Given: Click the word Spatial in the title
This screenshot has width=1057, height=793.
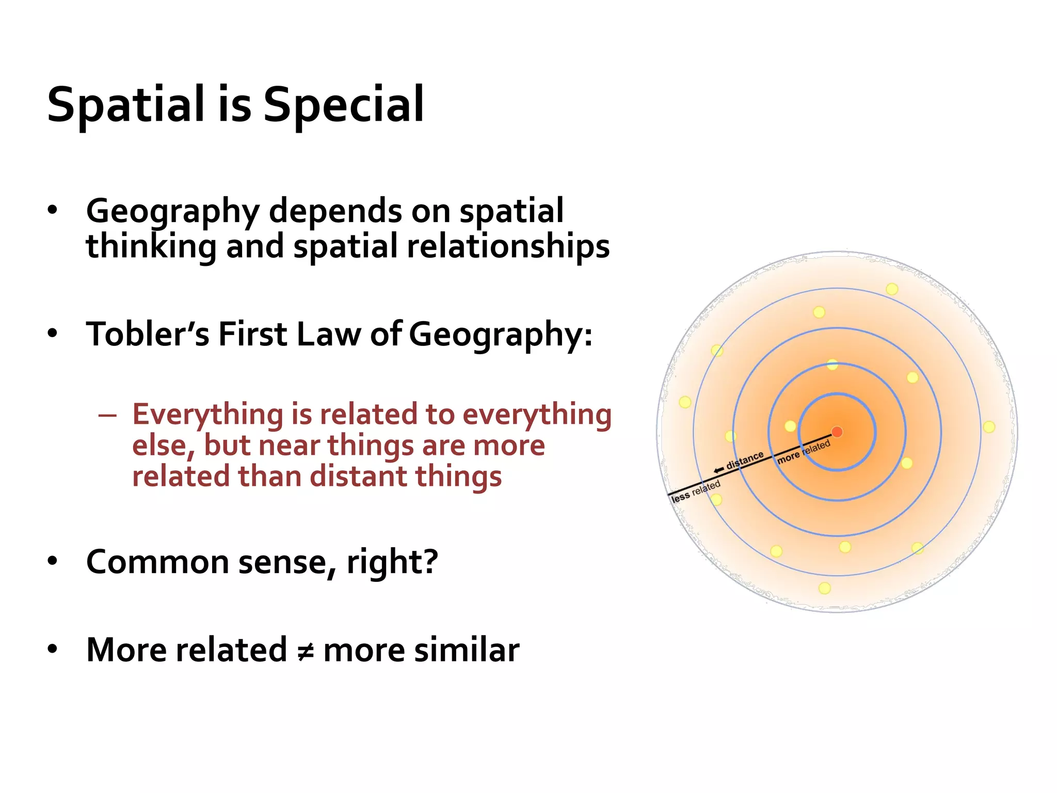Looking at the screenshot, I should click(126, 105).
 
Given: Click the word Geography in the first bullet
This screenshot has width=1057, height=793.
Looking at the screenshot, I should click(172, 212).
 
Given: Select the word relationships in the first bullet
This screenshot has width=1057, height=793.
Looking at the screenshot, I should click(508, 246).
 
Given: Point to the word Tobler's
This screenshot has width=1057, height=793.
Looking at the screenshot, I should click(148, 334).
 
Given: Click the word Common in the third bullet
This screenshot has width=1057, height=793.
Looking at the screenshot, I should click(157, 562).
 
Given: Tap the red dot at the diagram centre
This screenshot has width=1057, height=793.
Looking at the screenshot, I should click(837, 432).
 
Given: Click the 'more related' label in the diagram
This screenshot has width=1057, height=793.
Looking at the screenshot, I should click(804, 452).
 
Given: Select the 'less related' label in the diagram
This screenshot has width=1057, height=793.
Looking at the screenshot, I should click(695, 491).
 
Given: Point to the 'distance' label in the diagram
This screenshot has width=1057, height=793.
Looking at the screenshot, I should click(745, 460).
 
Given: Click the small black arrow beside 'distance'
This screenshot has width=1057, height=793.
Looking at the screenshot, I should click(718, 470).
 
